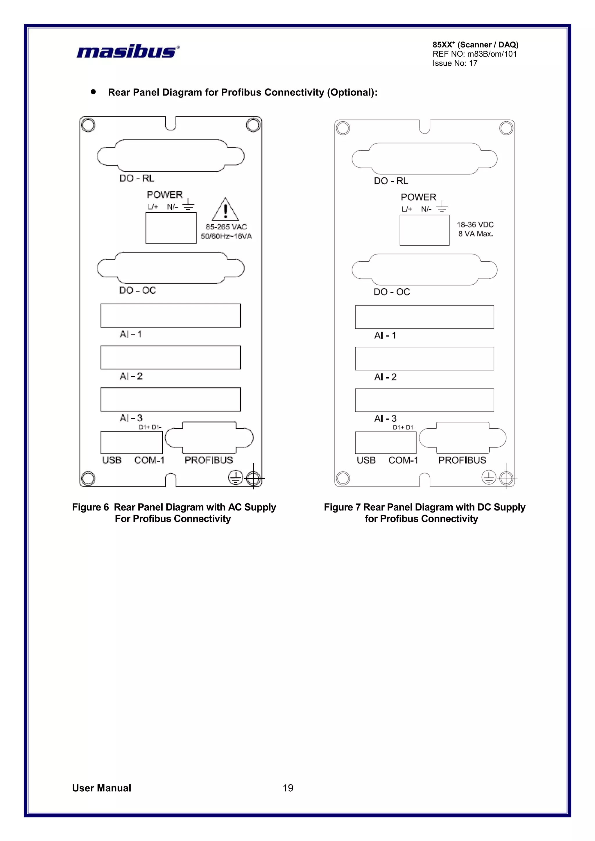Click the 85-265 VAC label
(x=226, y=227)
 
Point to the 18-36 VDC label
(x=475, y=224)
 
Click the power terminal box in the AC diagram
(x=171, y=228)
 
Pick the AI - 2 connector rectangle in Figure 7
(x=424, y=359)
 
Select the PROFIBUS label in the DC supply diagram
(x=462, y=460)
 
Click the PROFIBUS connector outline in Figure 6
(x=209, y=438)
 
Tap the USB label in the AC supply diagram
(x=112, y=460)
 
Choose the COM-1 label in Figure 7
(x=403, y=460)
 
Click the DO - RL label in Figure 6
(x=136, y=178)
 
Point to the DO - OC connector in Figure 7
(x=424, y=269)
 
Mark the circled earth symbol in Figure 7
(x=489, y=477)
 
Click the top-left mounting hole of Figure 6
(x=88, y=125)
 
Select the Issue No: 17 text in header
(x=455, y=63)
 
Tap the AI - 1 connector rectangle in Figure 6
(x=171, y=315)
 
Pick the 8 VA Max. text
(x=476, y=234)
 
